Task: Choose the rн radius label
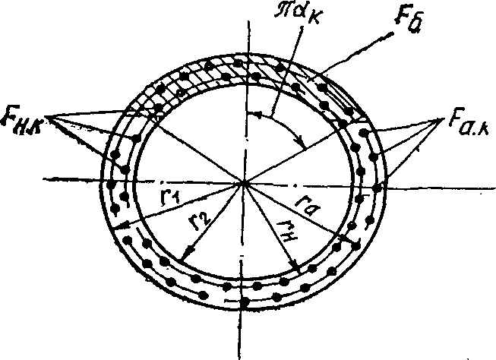click(x=288, y=229)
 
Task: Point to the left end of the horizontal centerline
click(x=46, y=179)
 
